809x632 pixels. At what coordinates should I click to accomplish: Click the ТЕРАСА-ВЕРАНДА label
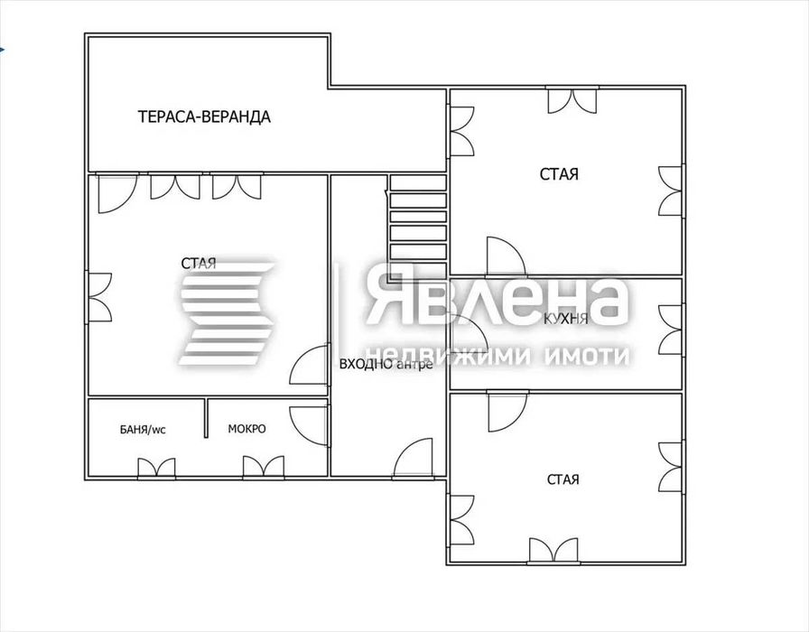[x=204, y=116]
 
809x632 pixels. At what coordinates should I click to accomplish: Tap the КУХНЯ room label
[x=566, y=319]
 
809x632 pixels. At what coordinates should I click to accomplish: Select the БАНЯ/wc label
[x=143, y=429]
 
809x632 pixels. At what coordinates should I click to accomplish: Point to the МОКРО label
[x=246, y=429]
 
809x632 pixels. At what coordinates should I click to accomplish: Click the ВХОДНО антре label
[x=386, y=364]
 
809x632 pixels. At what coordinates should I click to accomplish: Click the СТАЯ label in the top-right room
[x=559, y=174]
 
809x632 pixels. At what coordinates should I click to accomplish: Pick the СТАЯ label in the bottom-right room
[x=563, y=479]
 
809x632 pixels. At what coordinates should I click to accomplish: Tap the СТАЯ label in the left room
[x=199, y=264]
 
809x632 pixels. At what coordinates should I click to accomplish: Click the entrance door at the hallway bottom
[x=413, y=457]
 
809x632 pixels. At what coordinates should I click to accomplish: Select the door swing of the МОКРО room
[x=309, y=425]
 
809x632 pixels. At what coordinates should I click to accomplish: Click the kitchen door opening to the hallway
[x=468, y=334]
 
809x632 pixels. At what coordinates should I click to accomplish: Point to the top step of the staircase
[x=418, y=182]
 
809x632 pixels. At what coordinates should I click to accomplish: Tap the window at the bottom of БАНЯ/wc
[x=156, y=468]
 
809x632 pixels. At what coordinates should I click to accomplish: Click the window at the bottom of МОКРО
[x=263, y=467]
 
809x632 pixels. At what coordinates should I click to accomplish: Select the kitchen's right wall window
[x=671, y=330]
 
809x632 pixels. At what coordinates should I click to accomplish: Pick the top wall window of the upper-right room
[x=572, y=100]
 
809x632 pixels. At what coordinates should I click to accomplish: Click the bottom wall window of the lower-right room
[x=553, y=551]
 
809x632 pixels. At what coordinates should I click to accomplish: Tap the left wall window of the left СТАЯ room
[x=99, y=298]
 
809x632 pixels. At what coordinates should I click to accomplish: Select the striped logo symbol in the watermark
[x=228, y=313]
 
